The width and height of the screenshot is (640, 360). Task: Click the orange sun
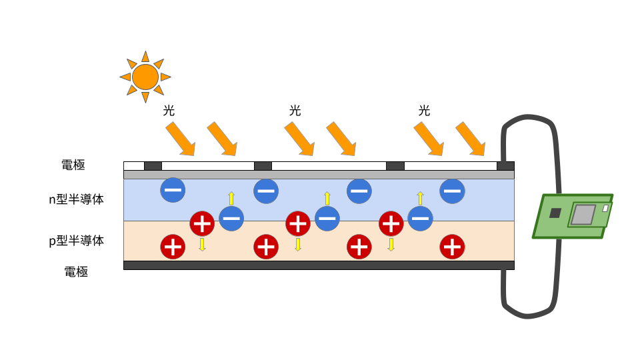(145, 77)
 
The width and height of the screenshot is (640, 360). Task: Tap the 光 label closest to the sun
(169, 111)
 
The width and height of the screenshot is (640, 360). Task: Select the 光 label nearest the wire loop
(425, 111)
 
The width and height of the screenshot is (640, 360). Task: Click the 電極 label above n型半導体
(73, 165)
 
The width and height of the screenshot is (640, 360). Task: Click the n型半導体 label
(77, 199)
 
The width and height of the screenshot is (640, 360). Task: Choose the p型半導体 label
(77, 241)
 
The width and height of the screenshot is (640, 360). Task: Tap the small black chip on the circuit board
(555, 213)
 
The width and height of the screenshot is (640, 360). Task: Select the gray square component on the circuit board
(583, 215)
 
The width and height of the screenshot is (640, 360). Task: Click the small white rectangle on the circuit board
(605, 208)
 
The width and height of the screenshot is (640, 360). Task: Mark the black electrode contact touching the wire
(505, 166)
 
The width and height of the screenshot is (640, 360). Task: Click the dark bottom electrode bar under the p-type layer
(319, 265)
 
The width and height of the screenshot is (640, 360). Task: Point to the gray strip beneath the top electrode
(319, 175)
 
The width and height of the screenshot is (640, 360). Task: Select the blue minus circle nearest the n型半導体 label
(173, 191)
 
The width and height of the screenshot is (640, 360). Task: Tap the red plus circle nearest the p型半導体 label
(173, 247)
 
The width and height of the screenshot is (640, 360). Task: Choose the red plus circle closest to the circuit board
(453, 247)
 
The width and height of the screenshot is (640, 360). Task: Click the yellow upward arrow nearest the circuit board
(420, 198)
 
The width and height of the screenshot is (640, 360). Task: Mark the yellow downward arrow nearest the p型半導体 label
(202, 244)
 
